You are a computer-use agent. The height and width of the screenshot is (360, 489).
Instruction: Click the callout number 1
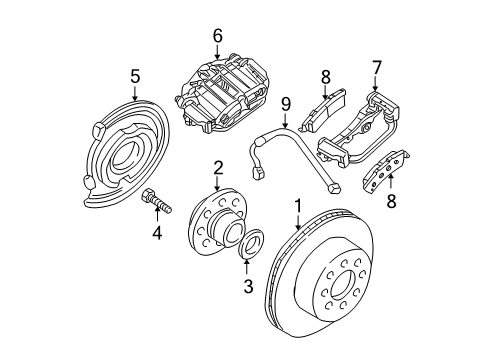(x=296, y=207)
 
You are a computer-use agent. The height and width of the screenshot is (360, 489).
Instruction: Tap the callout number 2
(x=216, y=166)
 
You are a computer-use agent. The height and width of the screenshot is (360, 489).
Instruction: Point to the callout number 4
(x=156, y=236)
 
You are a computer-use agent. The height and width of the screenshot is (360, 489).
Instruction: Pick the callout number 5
(x=135, y=75)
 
